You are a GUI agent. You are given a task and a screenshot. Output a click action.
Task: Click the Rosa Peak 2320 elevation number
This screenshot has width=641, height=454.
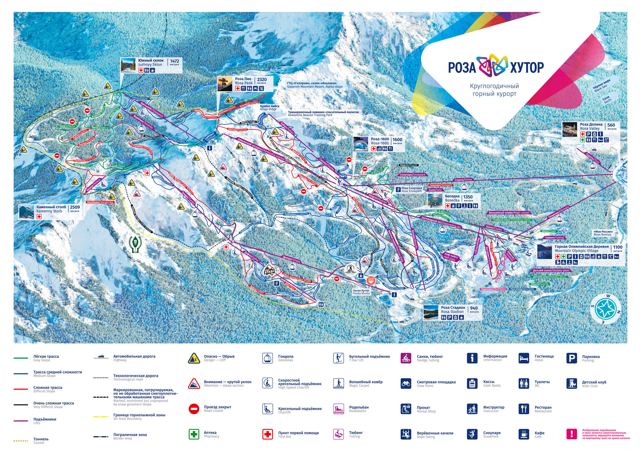point(262,80)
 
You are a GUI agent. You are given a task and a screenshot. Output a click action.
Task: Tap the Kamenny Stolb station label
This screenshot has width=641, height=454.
point(51,209)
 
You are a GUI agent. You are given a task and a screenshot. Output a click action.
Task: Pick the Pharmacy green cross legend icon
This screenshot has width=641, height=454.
point(194,434)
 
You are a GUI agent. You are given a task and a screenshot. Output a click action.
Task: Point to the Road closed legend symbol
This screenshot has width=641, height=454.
point(194,409)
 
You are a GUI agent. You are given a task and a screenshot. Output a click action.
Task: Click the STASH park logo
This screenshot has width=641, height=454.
point(269,271)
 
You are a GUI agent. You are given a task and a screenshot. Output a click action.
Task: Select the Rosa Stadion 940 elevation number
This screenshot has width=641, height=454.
point(474,308)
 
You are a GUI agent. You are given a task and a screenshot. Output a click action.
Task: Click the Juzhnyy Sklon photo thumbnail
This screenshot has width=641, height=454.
point(128,65)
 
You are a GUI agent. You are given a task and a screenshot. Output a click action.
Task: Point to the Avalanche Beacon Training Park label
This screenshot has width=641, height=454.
point(323,113)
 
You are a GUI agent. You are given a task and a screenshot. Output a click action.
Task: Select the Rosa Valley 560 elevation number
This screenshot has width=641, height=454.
point(611,125)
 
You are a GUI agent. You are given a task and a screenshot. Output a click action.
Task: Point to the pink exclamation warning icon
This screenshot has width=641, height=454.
point(572,434)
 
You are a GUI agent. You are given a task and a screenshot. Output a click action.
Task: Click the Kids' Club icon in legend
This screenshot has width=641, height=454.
point(572,384)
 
